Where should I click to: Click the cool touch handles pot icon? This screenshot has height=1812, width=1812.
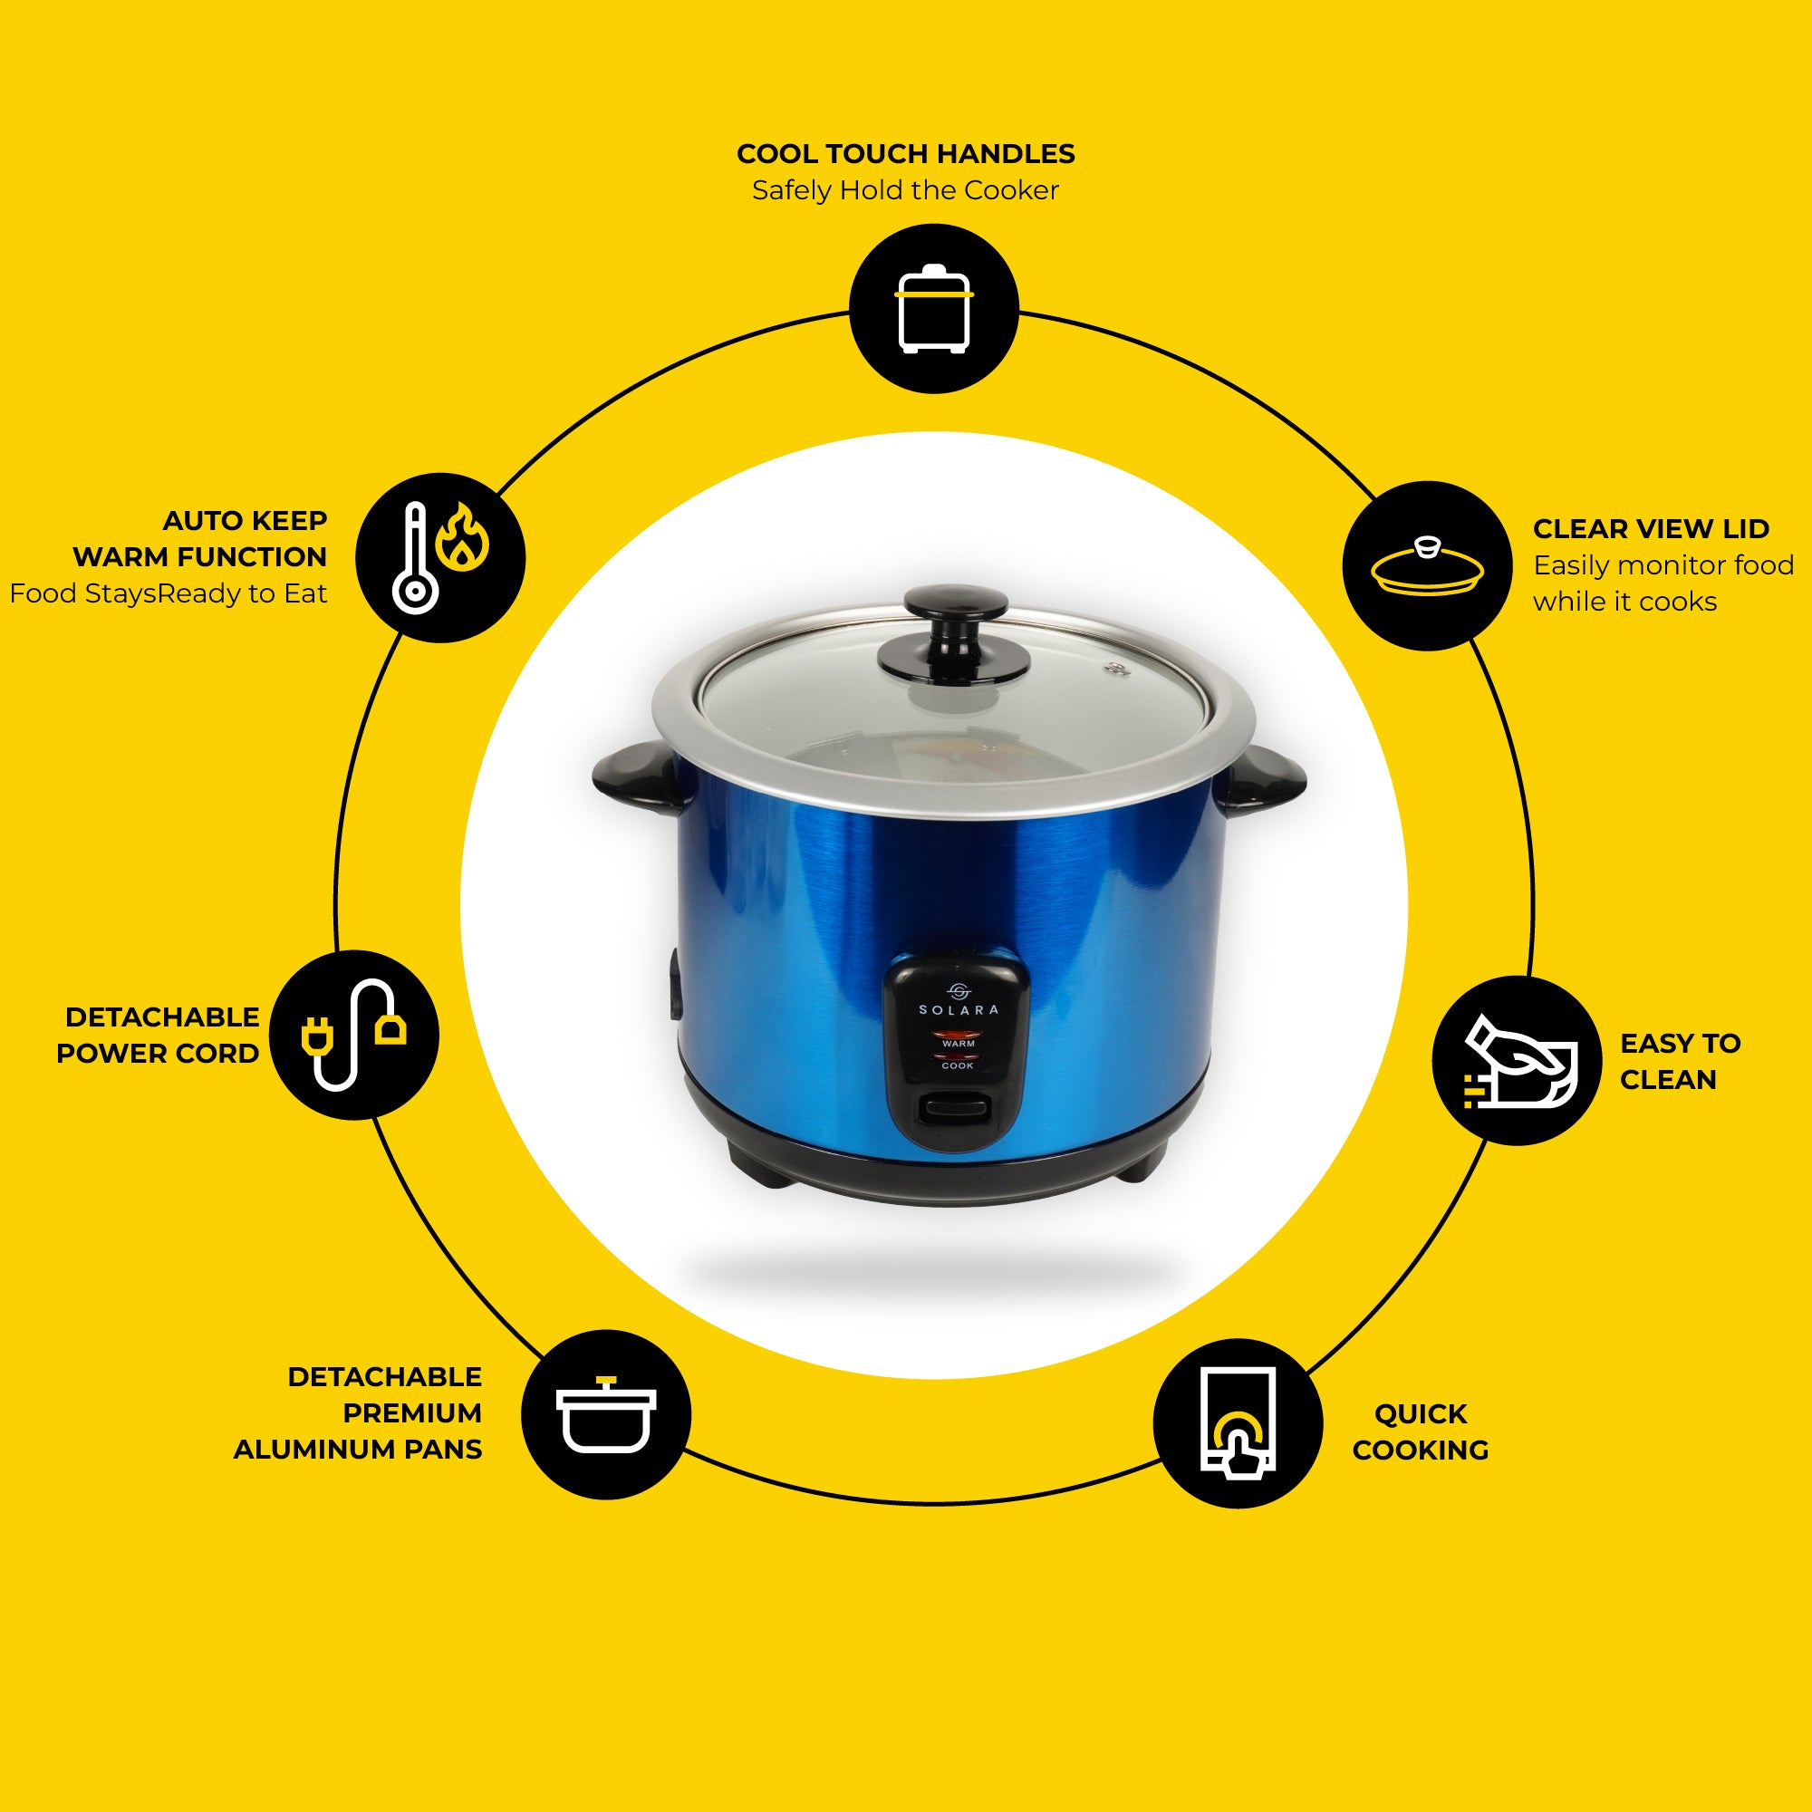(x=933, y=309)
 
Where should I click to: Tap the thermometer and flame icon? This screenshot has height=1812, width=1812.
(x=440, y=557)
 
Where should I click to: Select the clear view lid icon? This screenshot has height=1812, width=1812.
(x=1427, y=565)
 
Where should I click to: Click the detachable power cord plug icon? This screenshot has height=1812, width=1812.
(x=353, y=1035)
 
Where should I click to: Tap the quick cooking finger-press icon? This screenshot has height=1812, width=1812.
(x=1238, y=1422)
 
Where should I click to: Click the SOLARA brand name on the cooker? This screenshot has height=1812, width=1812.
(x=959, y=1010)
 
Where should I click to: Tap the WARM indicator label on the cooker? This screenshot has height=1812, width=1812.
(x=959, y=1043)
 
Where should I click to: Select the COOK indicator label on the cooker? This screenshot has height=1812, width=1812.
(x=958, y=1065)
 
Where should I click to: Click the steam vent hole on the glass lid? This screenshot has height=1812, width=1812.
(x=1114, y=669)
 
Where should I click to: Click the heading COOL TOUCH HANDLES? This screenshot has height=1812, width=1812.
(x=906, y=154)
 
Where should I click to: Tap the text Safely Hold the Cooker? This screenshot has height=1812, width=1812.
(x=906, y=190)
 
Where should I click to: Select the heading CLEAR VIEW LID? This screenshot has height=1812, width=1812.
(x=1651, y=529)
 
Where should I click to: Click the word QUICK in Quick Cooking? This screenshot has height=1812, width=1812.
(x=1421, y=1413)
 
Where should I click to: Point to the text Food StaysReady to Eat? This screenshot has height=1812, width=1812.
(x=169, y=593)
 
